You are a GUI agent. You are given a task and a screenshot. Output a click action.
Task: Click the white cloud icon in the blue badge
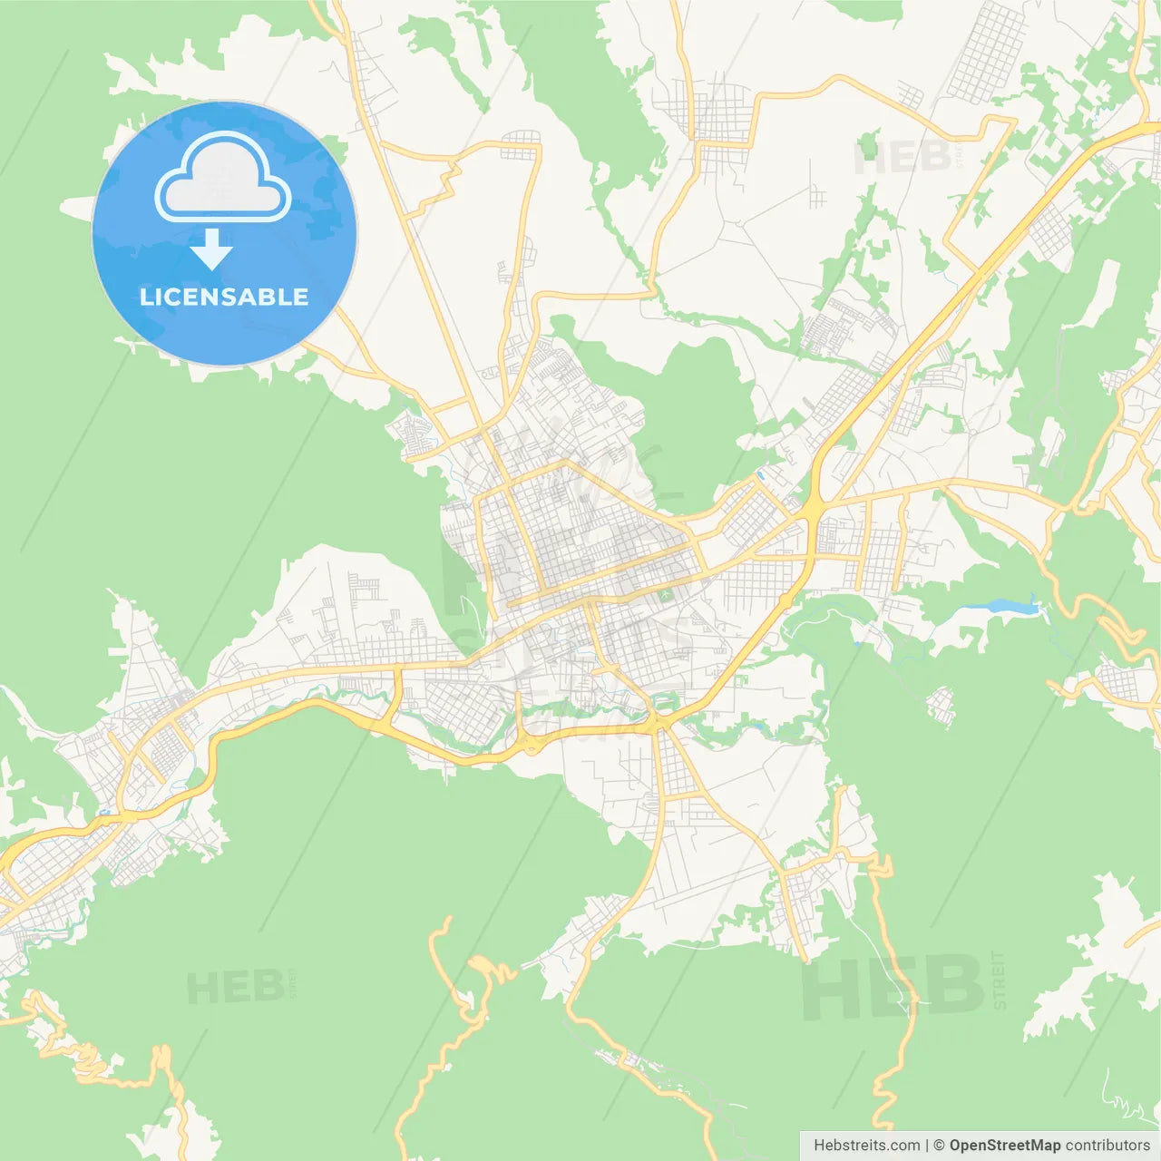click(223, 177)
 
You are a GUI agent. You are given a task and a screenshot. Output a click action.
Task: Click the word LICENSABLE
click(224, 297)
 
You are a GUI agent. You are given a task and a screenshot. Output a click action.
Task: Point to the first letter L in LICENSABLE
click(146, 297)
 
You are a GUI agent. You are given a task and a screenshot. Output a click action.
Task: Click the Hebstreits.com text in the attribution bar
click(866, 1146)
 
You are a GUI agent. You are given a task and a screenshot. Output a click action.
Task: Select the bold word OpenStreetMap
click(1004, 1146)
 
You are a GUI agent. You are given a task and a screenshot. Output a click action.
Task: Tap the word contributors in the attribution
click(1107, 1146)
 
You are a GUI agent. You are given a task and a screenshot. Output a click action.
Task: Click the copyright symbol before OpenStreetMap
click(939, 1146)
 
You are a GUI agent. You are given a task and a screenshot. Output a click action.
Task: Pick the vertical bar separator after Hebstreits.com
click(927, 1146)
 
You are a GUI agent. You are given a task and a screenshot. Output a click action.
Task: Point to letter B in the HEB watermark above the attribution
click(952, 987)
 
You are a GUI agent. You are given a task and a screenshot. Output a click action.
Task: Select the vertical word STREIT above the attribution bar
click(1000, 981)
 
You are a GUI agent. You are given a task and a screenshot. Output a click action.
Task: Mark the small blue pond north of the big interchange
click(760, 474)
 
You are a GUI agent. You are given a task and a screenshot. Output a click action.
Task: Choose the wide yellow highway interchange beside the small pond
click(811, 512)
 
